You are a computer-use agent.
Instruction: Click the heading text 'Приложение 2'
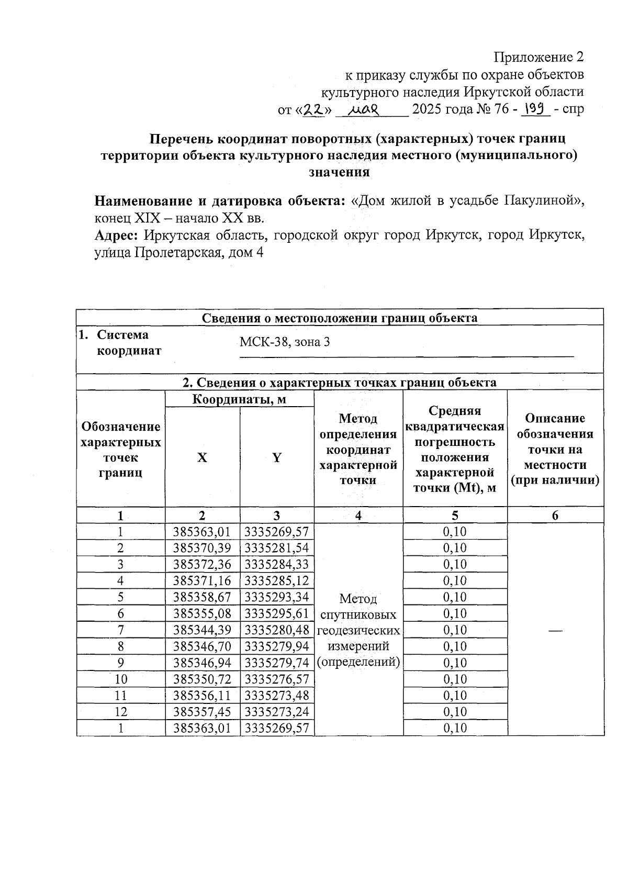click(x=539, y=57)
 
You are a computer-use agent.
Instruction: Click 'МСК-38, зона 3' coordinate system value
click(x=285, y=343)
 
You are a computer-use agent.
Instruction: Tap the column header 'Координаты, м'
click(x=239, y=400)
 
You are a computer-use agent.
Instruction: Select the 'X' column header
click(x=202, y=458)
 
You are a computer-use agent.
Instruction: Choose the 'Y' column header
click(x=277, y=458)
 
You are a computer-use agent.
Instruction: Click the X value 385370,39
click(x=202, y=548)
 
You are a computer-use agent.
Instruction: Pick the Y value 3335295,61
click(x=277, y=613)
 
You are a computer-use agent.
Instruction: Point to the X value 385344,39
click(x=202, y=630)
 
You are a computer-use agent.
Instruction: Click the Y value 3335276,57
click(x=277, y=679)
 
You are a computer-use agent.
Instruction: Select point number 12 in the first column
click(x=120, y=712)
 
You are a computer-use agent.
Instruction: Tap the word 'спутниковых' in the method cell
click(x=358, y=614)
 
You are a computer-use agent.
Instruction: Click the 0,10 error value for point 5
click(x=454, y=597)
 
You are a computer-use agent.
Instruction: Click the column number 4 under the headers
click(x=358, y=516)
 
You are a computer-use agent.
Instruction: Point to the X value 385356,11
click(x=202, y=695)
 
